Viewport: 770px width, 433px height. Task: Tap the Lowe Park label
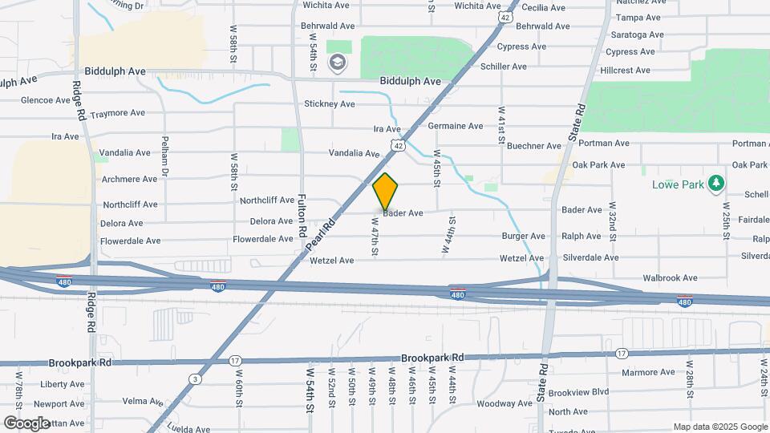pos(678,184)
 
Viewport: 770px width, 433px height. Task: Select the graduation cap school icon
pos(338,62)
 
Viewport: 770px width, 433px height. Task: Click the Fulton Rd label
pos(302,215)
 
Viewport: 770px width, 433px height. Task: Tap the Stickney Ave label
pos(329,104)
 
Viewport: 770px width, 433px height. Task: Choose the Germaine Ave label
pos(456,126)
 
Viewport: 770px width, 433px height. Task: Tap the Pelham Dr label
pos(165,156)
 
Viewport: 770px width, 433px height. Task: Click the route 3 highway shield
pos(195,378)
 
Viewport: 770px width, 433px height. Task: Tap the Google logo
pos(26,423)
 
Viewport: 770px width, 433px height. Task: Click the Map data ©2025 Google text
pos(719,427)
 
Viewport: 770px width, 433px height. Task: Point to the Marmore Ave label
pos(649,372)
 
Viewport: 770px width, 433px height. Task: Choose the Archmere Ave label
pos(129,179)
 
